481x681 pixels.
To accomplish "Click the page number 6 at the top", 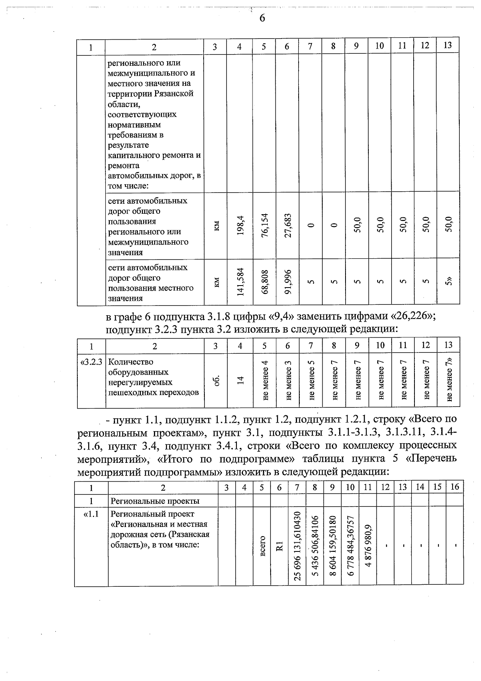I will click(x=262, y=18).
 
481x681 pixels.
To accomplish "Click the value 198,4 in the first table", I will click(x=240, y=226).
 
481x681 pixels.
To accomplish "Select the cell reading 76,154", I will click(x=264, y=226).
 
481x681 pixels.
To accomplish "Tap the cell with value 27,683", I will click(x=287, y=226).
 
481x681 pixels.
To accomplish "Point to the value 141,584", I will click(x=240, y=282).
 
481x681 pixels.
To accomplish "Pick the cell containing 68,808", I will click(x=264, y=282).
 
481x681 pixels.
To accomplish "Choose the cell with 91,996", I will click(x=287, y=282).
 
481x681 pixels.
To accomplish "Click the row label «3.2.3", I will click(x=91, y=362).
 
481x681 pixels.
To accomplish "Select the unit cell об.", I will click(x=216, y=380).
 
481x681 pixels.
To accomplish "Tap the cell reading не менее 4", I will click(x=265, y=381).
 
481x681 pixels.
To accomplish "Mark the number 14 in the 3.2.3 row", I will click(x=240, y=380).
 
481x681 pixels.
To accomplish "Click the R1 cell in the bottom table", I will click(x=280, y=546).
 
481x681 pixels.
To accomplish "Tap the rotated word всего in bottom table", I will click(x=263, y=546).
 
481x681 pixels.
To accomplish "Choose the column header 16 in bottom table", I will click(x=455, y=487).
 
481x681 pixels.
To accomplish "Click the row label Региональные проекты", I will click(x=155, y=501).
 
